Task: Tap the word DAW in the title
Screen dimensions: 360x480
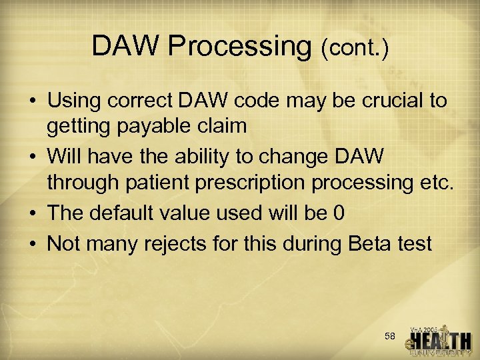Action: point(126,45)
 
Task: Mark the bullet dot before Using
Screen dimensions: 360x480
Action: point(33,101)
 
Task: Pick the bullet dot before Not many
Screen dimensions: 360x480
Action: point(33,245)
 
